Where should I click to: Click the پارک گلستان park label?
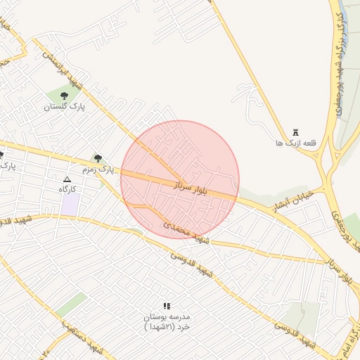pyautogui.click(x=63, y=107)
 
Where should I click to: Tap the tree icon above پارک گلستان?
pyautogui.click(x=64, y=95)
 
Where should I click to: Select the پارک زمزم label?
pyautogui.click(x=97, y=169)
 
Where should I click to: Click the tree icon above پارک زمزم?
pyautogui.click(x=98, y=158)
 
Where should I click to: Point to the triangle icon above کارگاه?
pyautogui.click(x=67, y=180)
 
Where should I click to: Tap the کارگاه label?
pyautogui.click(x=67, y=190)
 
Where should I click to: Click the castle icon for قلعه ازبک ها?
pyautogui.click(x=295, y=132)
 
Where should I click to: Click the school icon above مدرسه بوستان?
pyautogui.click(x=167, y=306)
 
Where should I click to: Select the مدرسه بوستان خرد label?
pyautogui.click(x=167, y=322)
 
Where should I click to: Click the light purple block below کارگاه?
pyautogui.click(x=70, y=205)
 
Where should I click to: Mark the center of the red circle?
pyautogui.click(x=180, y=179)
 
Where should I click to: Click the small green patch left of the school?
pyautogui.click(x=72, y=304)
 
